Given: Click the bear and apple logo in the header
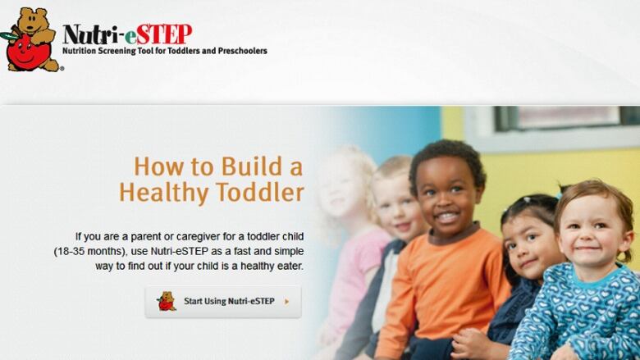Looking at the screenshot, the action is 31,40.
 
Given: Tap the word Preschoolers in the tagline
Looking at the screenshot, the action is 242,51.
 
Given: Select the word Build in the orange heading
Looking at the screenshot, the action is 252,166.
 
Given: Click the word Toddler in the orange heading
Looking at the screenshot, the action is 259,192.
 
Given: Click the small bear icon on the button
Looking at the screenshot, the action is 166,301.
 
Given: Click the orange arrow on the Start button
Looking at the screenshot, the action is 287,302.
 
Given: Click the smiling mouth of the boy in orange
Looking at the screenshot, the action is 448,217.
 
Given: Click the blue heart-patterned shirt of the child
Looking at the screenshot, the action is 579,314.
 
